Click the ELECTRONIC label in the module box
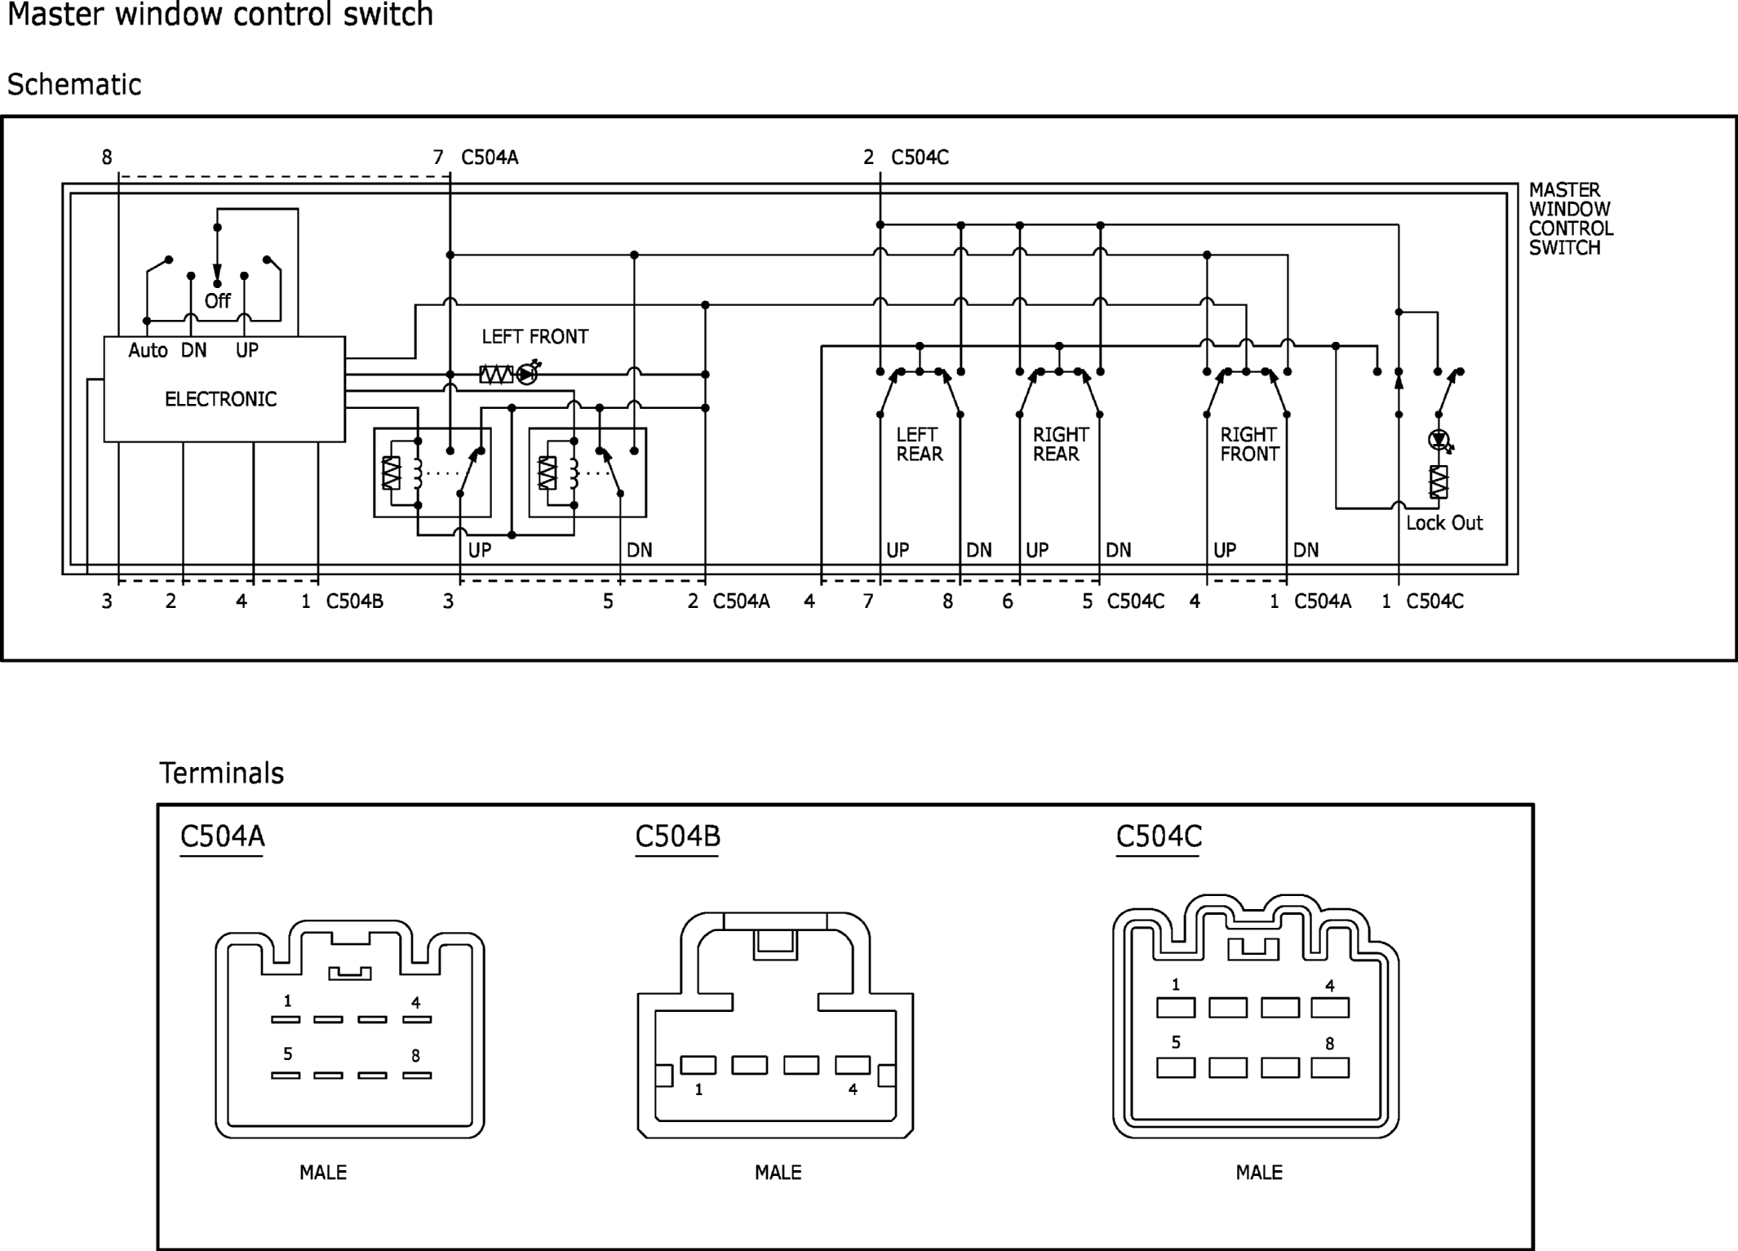click(220, 399)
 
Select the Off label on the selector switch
click(218, 301)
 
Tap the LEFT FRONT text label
click(534, 336)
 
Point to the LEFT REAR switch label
click(919, 444)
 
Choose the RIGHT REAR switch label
click(1061, 444)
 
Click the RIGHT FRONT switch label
click(1249, 444)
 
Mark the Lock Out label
click(1443, 523)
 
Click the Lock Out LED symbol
click(1440, 441)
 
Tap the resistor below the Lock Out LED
click(1439, 481)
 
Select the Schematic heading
click(74, 85)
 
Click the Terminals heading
click(221, 773)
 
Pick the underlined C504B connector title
click(677, 837)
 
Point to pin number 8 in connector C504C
click(1329, 1044)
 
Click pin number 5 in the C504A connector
click(287, 1054)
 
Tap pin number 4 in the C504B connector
click(853, 1089)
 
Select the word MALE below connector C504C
click(1258, 1173)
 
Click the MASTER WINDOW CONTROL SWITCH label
click(1571, 219)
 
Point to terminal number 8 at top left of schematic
click(107, 157)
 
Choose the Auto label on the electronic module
click(148, 350)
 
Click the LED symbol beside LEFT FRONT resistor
click(529, 373)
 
